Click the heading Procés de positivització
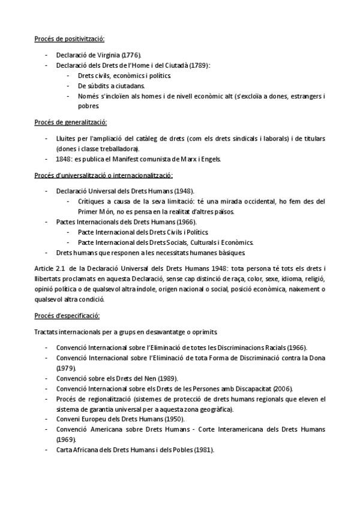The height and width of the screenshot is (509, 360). click(x=69, y=39)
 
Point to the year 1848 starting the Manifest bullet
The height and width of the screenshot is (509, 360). click(x=64, y=159)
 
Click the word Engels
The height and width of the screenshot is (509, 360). click(x=209, y=159)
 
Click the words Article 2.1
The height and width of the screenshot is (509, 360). click(x=48, y=269)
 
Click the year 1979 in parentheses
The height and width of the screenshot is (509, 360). click(x=66, y=367)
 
